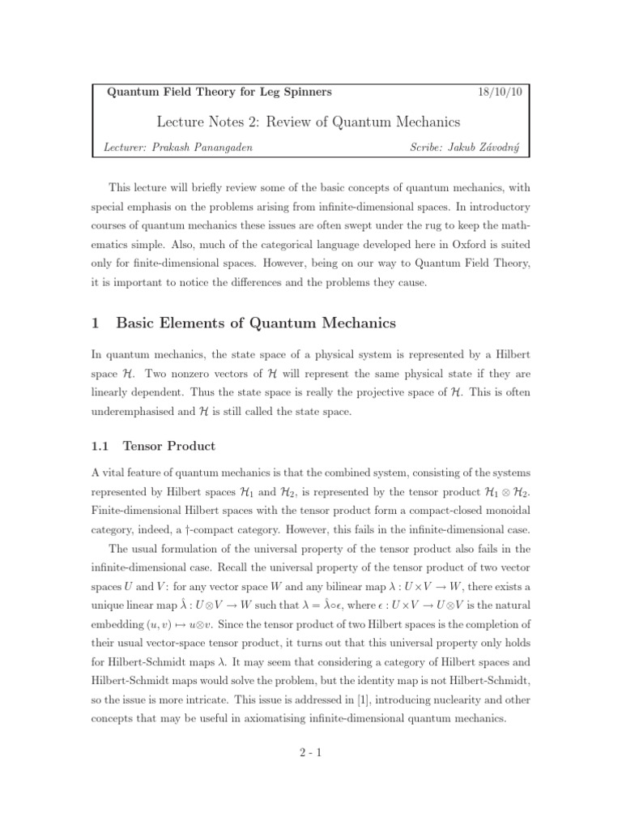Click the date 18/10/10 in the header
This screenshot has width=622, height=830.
[501, 92]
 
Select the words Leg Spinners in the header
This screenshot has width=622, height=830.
[292, 92]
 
